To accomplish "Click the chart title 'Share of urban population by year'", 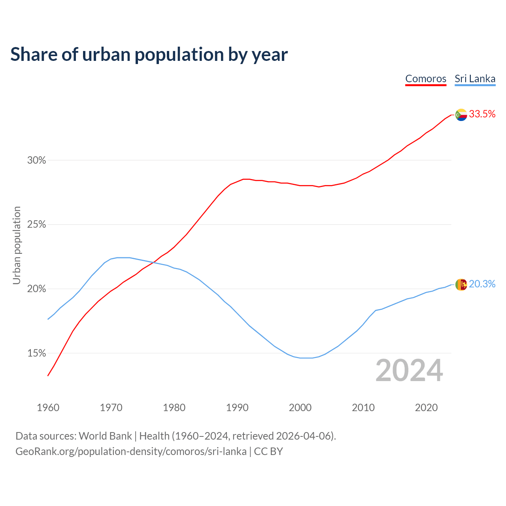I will [x=149, y=55].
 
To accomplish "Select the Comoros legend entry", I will [x=426, y=79].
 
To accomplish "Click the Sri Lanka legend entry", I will [x=475, y=79].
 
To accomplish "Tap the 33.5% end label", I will [x=482, y=114].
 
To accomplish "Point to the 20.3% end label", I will [x=482, y=284].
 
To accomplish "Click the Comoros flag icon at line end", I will [x=461, y=115].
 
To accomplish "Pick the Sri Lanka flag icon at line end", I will [x=461, y=285].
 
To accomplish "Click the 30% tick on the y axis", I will [x=36, y=160].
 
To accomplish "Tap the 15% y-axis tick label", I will [x=36, y=353].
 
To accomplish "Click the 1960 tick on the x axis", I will [x=48, y=408].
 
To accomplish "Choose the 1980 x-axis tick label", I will [x=174, y=408].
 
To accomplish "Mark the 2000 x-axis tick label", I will [x=300, y=408].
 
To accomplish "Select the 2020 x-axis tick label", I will [x=426, y=408].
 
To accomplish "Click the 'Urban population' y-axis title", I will [x=17, y=245].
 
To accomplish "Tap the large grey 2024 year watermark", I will [x=409, y=370].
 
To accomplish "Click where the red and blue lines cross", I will [x=153, y=262].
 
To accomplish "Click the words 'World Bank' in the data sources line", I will [x=105, y=436].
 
